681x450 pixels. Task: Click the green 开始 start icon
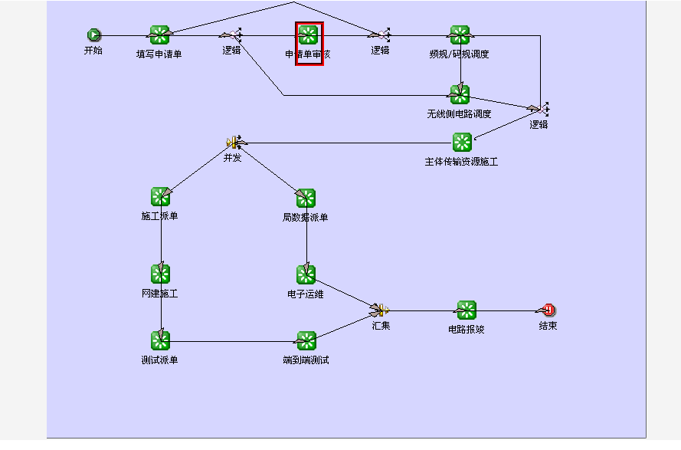point(93,34)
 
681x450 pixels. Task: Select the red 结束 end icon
point(548,310)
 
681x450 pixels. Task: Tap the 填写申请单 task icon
point(159,34)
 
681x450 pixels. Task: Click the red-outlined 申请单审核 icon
point(309,34)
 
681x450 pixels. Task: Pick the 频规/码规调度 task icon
point(460,34)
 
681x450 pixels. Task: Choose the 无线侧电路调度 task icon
point(460,94)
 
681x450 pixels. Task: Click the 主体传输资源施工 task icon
point(462,142)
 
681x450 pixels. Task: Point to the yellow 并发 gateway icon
point(234,142)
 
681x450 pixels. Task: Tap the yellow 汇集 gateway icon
point(381,310)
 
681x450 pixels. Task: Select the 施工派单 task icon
point(160,197)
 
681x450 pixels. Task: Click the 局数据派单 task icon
point(306,198)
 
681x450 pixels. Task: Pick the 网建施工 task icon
point(160,274)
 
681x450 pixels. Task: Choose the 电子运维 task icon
point(306,274)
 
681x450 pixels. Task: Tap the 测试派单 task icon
point(160,340)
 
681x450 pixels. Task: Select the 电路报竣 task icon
point(467,310)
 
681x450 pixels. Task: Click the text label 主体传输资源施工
point(461,162)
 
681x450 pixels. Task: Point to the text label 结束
point(548,326)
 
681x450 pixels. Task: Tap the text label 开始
point(93,51)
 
